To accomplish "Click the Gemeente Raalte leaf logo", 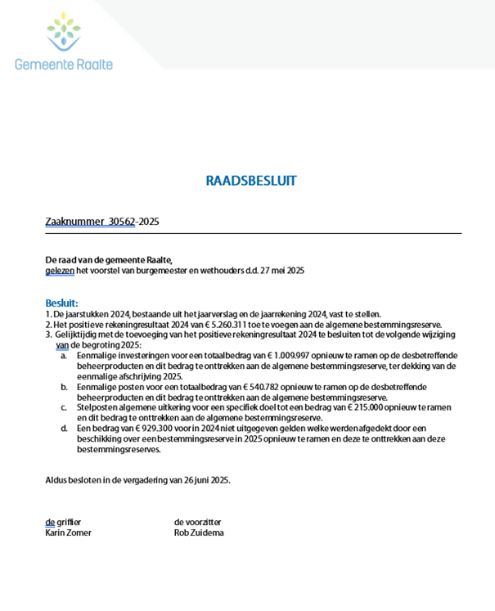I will [63, 31].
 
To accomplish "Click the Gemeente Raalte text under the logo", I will [64, 64].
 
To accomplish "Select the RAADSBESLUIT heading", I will [251, 181].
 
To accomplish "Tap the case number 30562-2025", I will [133, 221].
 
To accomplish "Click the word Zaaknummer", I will [74, 221].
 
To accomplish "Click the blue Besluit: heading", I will [62, 303].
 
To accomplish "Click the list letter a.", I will [64, 356].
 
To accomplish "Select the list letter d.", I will [64, 428].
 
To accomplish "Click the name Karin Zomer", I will [68, 532].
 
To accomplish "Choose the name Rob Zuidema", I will [199, 532].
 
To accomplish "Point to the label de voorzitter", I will [197, 522].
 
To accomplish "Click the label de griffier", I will [63, 522].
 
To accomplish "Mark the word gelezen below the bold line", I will [59, 270].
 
